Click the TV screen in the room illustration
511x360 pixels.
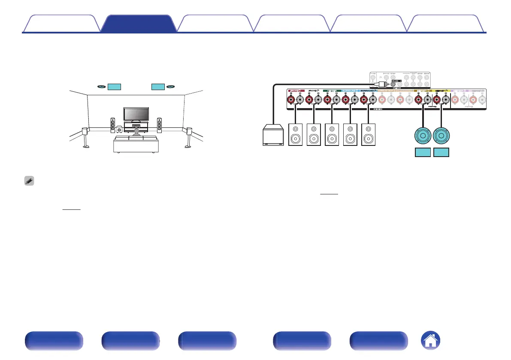click(137, 114)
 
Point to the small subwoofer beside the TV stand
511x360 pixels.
click(119, 129)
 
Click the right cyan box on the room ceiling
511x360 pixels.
click(158, 87)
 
